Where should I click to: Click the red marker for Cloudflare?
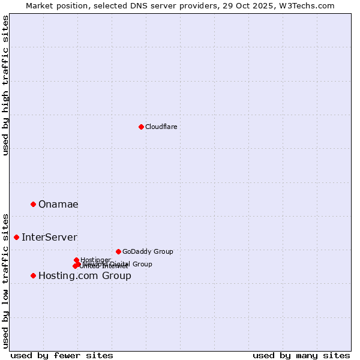(x=141, y=127)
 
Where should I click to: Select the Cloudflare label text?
(x=161, y=127)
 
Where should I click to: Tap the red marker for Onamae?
(x=33, y=205)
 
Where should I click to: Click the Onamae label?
(x=58, y=205)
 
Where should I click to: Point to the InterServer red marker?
(x=16, y=238)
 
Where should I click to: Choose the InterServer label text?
(x=49, y=238)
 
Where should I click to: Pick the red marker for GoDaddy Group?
(x=118, y=251)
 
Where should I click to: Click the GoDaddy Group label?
(x=148, y=251)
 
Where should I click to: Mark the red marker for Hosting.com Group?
(x=33, y=276)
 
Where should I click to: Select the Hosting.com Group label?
(x=85, y=276)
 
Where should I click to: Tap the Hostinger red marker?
(x=76, y=260)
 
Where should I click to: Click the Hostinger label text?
(x=95, y=260)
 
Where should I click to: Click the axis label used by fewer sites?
(x=62, y=355)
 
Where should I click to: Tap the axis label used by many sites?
(x=301, y=355)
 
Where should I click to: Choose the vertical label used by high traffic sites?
(x=5, y=86)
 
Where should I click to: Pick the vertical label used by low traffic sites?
(x=5, y=281)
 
